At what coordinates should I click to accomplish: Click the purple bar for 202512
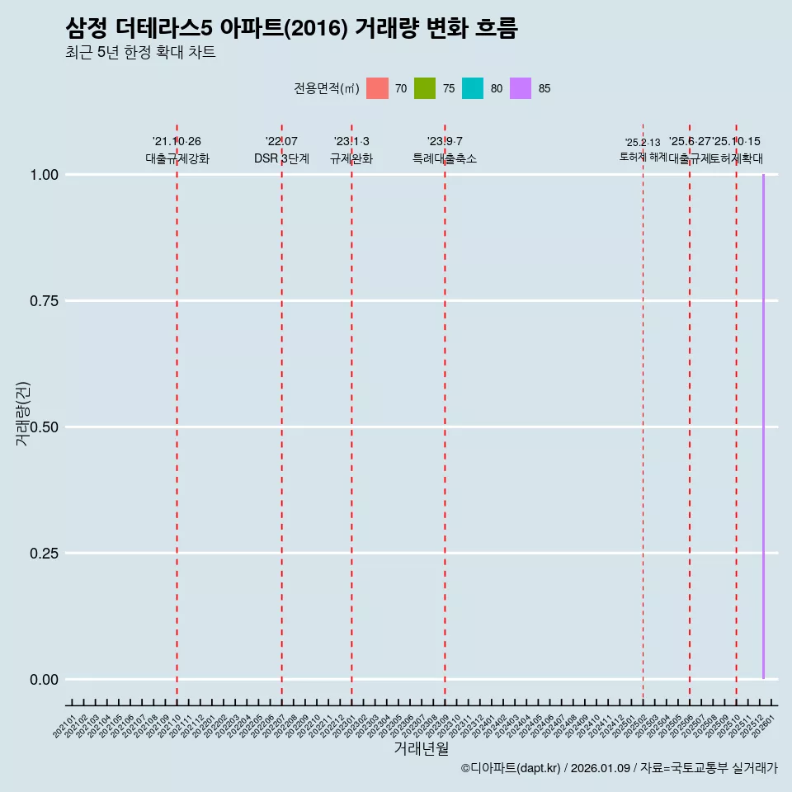763,427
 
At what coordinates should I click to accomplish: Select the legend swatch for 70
377,88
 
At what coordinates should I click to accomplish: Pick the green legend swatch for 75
425,88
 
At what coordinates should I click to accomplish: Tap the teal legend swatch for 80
473,88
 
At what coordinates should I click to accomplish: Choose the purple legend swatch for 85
521,88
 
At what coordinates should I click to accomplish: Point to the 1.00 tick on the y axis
44,175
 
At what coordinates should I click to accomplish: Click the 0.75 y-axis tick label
44,301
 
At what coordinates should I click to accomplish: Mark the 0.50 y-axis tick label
44,427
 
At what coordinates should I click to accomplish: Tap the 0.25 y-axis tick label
44,554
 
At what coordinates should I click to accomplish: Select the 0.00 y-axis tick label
44,680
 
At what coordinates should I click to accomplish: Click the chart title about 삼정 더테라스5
291,29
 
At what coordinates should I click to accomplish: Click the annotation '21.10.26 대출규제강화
177,150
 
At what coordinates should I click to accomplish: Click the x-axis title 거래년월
422,749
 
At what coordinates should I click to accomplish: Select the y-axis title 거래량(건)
23,414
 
